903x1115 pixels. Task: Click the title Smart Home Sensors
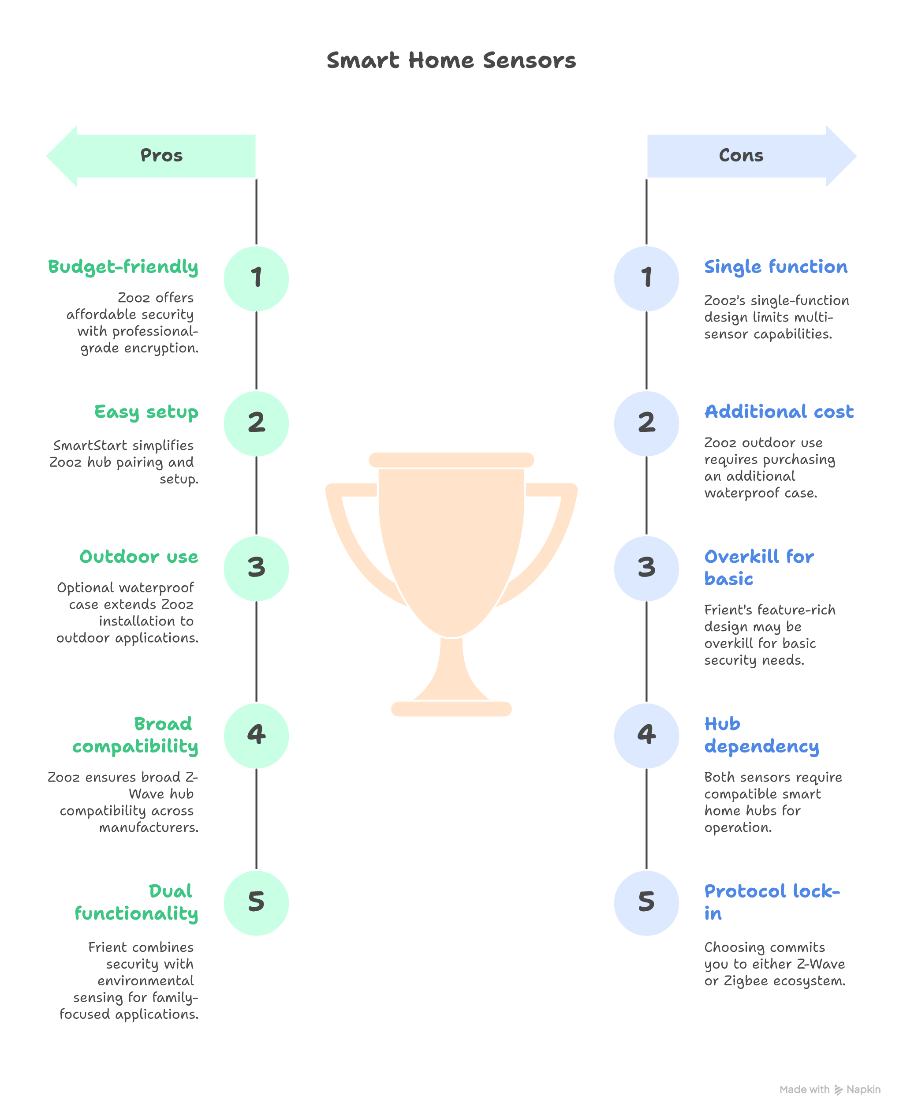tap(451, 60)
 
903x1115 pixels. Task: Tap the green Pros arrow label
tap(161, 155)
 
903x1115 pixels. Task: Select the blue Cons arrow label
tap(741, 155)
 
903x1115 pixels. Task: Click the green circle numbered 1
tap(256, 278)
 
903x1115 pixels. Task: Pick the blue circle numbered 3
tap(646, 568)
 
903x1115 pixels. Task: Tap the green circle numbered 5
tap(256, 903)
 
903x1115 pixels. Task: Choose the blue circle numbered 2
tap(646, 423)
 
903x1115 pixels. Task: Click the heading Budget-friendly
tap(123, 267)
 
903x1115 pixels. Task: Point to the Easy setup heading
tap(146, 412)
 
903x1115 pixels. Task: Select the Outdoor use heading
tap(139, 557)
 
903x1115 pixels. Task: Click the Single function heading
tap(776, 267)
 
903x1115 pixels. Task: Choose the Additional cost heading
tap(779, 412)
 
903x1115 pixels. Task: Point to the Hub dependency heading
tap(761, 735)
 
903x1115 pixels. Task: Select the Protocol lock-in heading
tap(772, 902)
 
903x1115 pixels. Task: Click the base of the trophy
tap(451, 709)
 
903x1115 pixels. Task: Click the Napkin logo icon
tap(838, 1089)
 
